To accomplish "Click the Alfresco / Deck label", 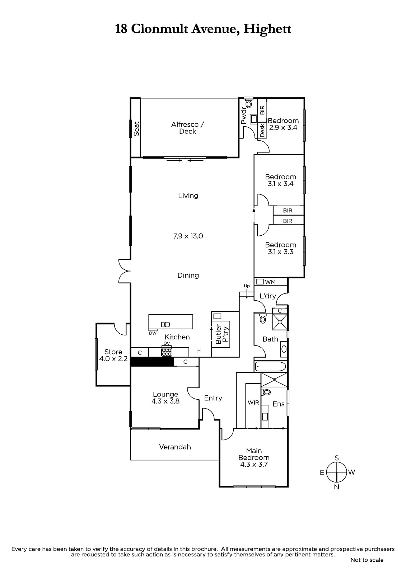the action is click(x=187, y=128).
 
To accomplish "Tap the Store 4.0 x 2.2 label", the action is click(x=113, y=355).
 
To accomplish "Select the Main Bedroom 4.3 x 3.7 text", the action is click(x=254, y=457).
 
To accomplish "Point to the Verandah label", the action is click(x=175, y=447).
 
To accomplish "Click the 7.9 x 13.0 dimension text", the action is click(x=188, y=236).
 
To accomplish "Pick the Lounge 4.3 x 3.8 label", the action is click(x=165, y=398).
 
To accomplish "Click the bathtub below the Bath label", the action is click(x=270, y=366).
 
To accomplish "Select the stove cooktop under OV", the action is click(x=167, y=352).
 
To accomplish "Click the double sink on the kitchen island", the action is click(x=165, y=325).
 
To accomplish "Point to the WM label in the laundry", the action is click(x=270, y=282).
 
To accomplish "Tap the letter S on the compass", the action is click(x=337, y=458).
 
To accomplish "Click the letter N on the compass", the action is click(x=337, y=487).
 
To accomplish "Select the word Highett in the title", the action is click(x=267, y=29).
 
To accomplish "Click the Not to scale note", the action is click(x=367, y=560).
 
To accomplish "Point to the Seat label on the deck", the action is click(x=136, y=129).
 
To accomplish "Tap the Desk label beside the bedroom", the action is click(x=262, y=131).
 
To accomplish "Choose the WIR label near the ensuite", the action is click(x=253, y=403).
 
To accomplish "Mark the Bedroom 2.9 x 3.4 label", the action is click(x=283, y=124).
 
